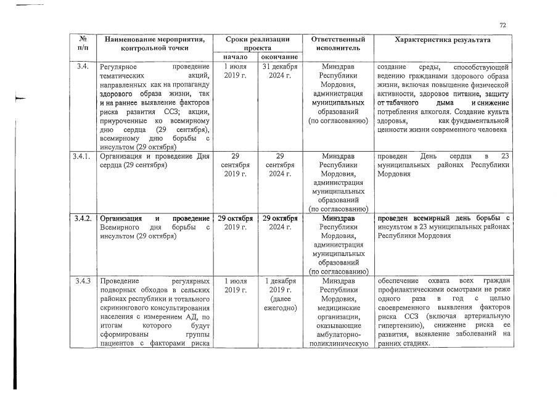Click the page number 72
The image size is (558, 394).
(x=503, y=25)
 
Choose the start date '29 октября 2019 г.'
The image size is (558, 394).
(x=235, y=223)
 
